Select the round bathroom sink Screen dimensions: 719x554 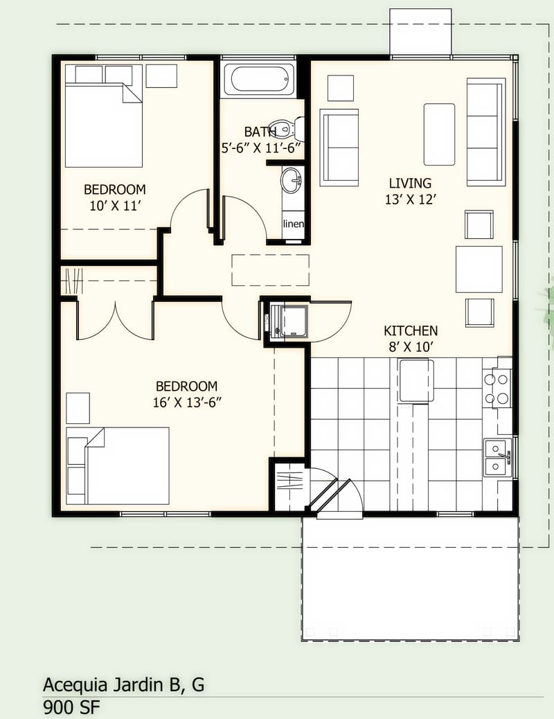[291, 181]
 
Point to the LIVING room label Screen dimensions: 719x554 [410, 184]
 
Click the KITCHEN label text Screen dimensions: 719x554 [411, 331]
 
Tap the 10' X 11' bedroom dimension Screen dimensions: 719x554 [115, 206]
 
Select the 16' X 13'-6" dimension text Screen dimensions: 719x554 [187, 402]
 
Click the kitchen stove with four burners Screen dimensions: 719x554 [497, 389]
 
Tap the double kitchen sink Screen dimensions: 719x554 [497, 458]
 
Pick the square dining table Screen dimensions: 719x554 [479, 269]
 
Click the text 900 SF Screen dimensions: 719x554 [72, 708]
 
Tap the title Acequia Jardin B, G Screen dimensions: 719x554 [123, 685]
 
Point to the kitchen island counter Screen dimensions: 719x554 [416, 381]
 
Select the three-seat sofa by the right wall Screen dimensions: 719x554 [485, 132]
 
